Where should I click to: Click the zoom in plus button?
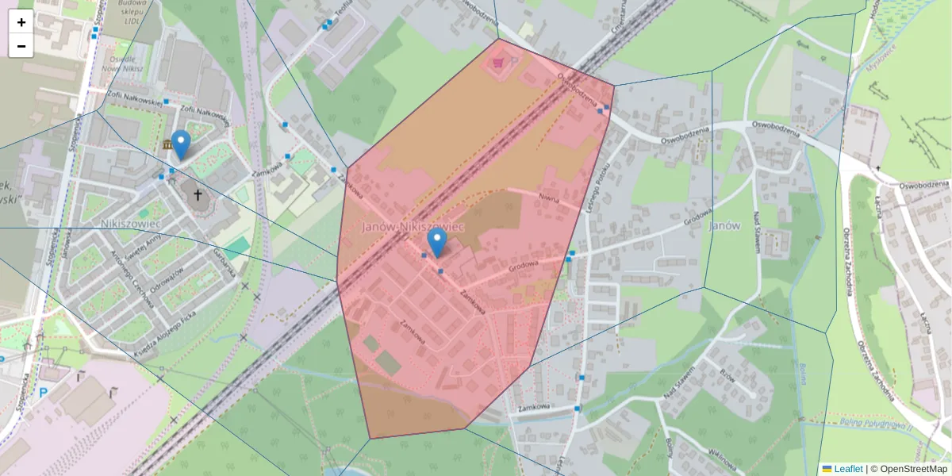click(x=21, y=21)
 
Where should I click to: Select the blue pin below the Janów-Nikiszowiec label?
click(x=436, y=241)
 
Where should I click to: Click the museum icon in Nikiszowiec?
click(x=167, y=145)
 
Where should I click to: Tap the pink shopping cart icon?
click(x=499, y=61)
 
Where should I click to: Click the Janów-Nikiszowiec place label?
click(x=413, y=227)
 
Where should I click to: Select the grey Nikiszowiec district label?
click(x=132, y=224)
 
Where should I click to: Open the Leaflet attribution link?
click(x=848, y=469)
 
